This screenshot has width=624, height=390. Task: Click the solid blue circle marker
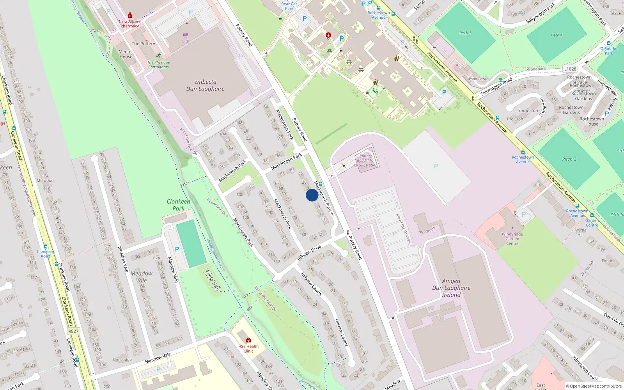tap(312, 195)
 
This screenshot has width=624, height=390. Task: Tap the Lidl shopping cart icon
tap(185, 35)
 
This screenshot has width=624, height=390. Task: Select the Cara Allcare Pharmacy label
tap(129, 24)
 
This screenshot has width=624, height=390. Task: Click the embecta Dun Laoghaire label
tap(205, 85)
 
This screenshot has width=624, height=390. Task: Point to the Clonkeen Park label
tap(179, 205)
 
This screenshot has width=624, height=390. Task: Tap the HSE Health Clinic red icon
tap(248, 340)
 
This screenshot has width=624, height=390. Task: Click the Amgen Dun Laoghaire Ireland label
tap(451, 288)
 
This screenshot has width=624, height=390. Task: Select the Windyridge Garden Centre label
tap(512, 239)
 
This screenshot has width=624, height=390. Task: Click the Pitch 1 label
tap(465, 33)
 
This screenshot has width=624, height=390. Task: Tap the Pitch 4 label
tap(557, 35)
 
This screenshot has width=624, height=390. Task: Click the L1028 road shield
tap(570, 69)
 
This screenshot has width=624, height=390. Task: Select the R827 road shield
tap(73, 331)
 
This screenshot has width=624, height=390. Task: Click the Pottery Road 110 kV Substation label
tap(366, 160)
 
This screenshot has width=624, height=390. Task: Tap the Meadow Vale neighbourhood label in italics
tap(141, 277)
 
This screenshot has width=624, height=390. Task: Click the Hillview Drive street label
tap(309, 253)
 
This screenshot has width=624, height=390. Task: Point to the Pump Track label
tap(213, 280)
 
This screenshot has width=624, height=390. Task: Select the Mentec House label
tap(126, 54)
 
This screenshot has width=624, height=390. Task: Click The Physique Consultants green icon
tap(158, 55)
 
